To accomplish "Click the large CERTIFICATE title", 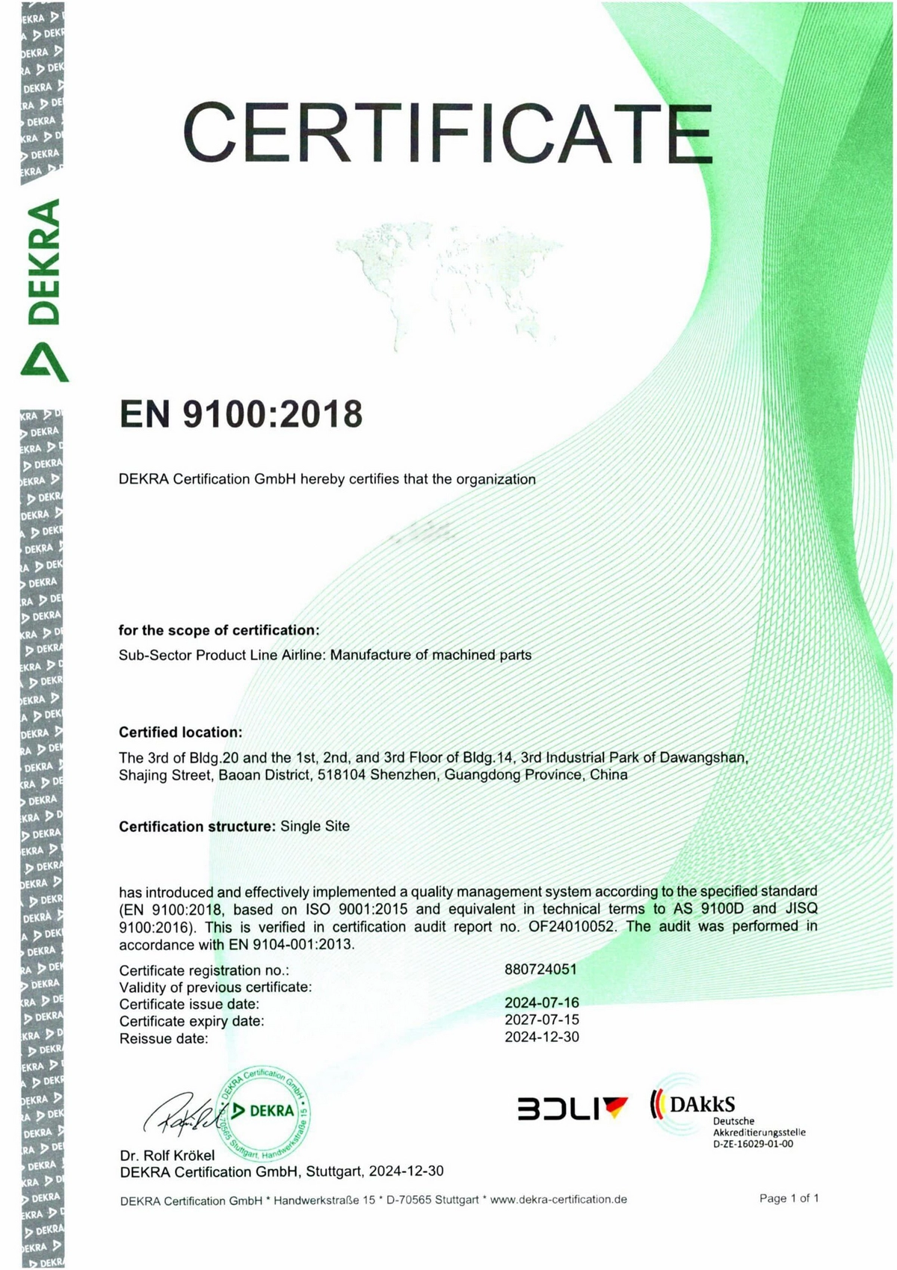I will click(x=447, y=134).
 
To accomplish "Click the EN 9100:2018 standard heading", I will click(x=241, y=414).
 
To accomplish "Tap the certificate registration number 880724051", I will click(x=540, y=970).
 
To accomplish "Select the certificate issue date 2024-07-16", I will click(x=541, y=1002).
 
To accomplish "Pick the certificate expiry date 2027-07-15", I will click(x=541, y=1020).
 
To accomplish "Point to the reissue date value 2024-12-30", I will click(x=541, y=1037).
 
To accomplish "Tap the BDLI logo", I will click(x=572, y=1108).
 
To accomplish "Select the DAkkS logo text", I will click(x=702, y=1104).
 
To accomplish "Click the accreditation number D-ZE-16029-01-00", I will click(x=753, y=1144).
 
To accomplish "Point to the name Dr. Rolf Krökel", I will click(x=167, y=1156).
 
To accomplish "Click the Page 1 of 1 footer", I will click(x=789, y=1198).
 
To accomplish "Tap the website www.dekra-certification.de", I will click(x=558, y=1200).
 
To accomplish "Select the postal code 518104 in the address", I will click(x=341, y=775).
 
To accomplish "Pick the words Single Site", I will click(x=315, y=826).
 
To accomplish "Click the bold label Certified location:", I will click(x=180, y=732).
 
